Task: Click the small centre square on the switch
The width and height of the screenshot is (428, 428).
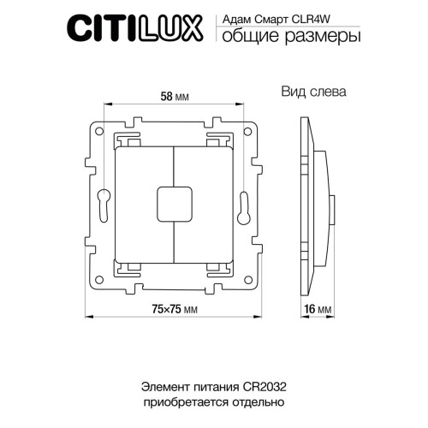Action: point(175,202)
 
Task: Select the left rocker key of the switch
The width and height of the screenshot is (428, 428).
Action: point(144,202)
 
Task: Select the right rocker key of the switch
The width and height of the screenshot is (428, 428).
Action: point(205,202)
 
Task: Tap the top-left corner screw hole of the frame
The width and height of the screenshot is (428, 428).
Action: point(100,134)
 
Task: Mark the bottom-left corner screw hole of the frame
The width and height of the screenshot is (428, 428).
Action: point(100,270)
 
